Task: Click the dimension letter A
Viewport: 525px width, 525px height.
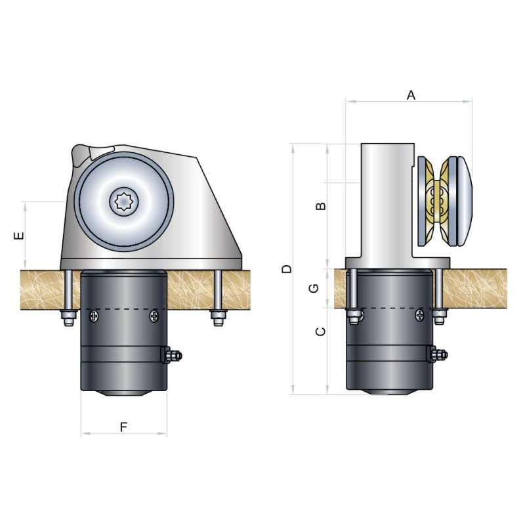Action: tap(411, 95)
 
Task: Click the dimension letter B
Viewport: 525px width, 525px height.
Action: tap(321, 205)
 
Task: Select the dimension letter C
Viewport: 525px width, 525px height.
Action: tap(321, 331)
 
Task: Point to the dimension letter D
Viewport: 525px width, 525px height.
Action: tap(287, 269)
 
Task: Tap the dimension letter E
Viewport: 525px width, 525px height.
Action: tap(19, 236)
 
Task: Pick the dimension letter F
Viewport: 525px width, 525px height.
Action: tap(123, 427)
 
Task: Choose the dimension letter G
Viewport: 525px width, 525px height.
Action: tap(314, 288)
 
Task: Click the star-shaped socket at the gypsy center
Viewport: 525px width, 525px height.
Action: tap(123, 201)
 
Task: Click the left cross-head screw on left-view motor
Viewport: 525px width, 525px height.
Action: tap(94, 316)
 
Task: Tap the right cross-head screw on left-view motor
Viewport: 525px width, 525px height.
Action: tap(154, 316)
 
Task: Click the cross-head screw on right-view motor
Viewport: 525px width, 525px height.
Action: tap(419, 315)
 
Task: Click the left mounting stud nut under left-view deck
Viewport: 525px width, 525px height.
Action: tap(69, 318)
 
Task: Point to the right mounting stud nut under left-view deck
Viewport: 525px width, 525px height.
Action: tap(218, 318)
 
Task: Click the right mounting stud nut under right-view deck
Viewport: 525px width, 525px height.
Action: tap(439, 317)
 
